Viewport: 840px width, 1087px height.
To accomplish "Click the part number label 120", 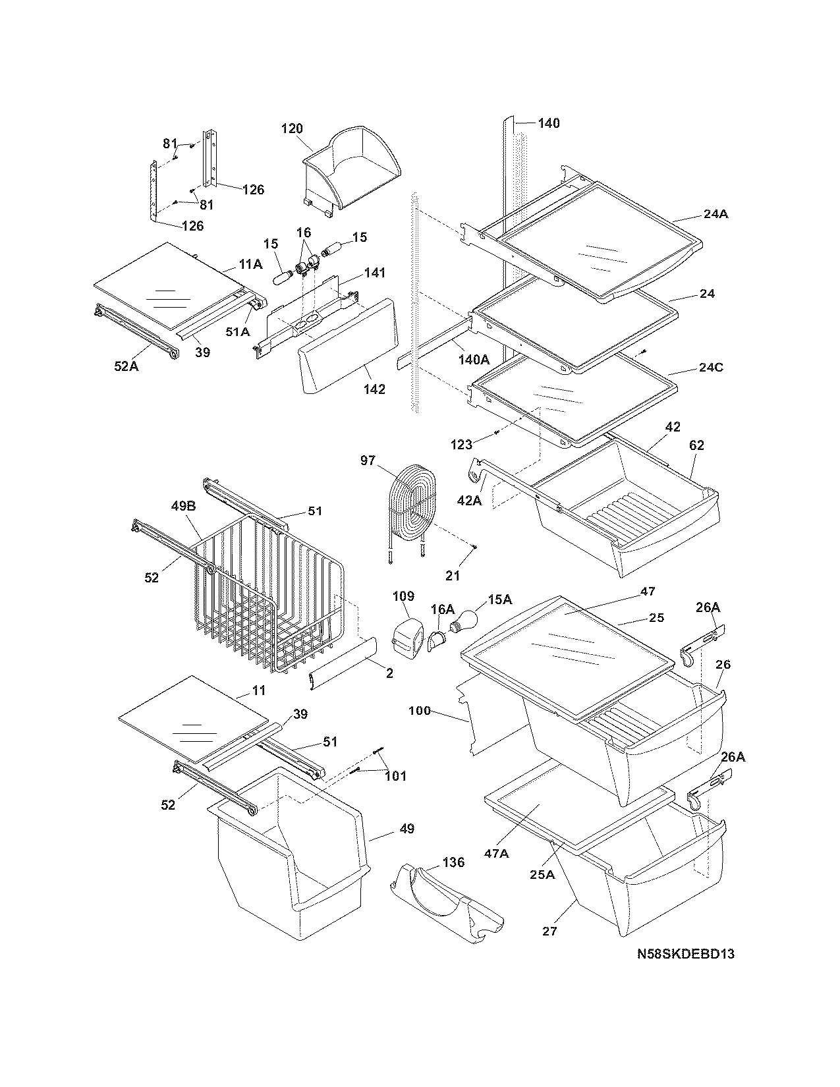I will pos(292,128).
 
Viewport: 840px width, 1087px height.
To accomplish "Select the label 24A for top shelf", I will pos(715,214).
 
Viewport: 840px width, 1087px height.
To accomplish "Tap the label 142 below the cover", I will pos(374,389).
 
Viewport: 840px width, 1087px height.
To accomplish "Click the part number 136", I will pos(453,862).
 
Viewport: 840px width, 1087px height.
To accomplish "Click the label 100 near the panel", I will pos(419,710).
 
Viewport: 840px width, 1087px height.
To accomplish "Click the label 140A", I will pos(474,359).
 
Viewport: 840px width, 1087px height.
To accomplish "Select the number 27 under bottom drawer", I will pos(549,931).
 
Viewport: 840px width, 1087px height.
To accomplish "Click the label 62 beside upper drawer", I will pos(696,445).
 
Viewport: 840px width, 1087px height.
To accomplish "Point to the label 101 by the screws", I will pos(396,775).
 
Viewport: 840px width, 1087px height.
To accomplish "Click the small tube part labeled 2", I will pos(343,663).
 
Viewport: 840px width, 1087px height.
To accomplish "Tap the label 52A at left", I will pos(126,366).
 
